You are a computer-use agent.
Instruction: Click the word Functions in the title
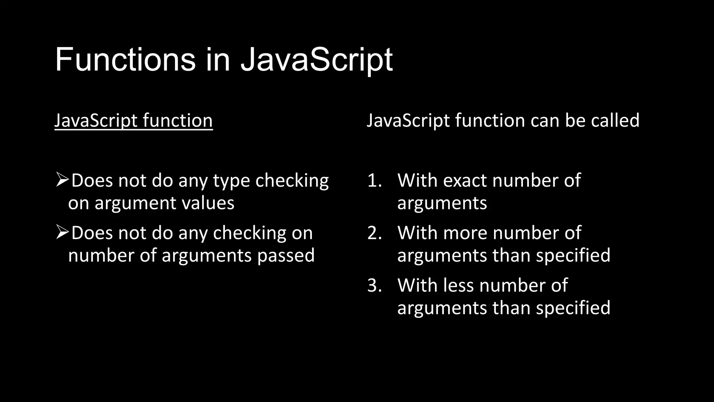coord(125,60)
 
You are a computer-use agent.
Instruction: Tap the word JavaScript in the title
coord(317,60)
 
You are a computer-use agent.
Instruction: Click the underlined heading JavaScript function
coord(134,121)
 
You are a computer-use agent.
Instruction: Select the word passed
coord(286,255)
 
